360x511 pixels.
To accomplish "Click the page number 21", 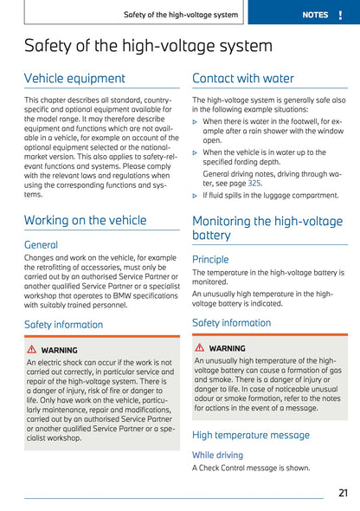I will click(x=343, y=493).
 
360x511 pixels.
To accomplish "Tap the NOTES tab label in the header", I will click(x=315, y=15).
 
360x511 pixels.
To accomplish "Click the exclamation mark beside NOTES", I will click(x=344, y=15).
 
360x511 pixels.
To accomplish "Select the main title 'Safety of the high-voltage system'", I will click(x=148, y=47).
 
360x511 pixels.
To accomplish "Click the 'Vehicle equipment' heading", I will click(x=74, y=79).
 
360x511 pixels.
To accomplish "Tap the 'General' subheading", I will click(x=41, y=245).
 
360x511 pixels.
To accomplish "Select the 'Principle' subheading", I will click(x=210, y=259).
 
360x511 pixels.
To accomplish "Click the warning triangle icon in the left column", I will click(x=32, y=350).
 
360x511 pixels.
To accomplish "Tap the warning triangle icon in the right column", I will click(x=200, y=347).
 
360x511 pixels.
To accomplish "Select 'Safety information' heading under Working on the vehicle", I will click(x=63, y=325).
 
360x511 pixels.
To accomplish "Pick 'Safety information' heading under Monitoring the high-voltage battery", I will click(x=231, y=323).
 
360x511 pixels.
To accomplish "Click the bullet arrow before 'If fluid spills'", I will click(x=196, y=196).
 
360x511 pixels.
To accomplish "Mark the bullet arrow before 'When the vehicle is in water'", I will click(x=196, y=152).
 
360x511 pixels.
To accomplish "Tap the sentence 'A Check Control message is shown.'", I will click(x=250, y=468).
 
